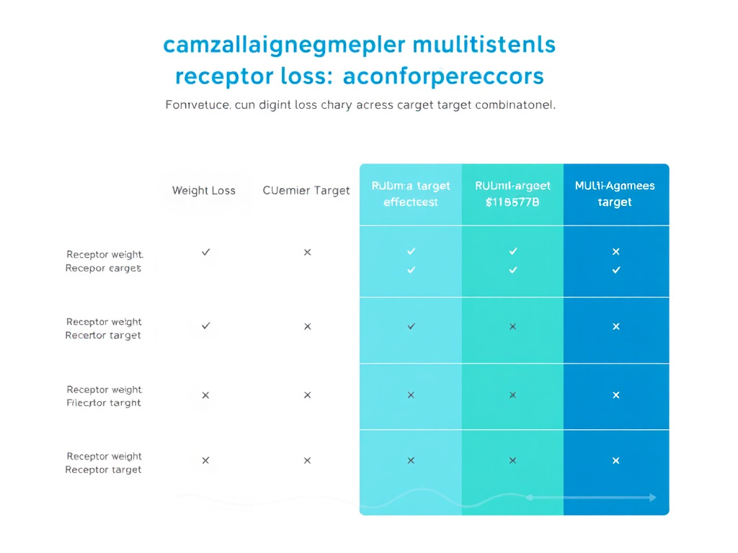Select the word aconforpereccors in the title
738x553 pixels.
coord(444,76)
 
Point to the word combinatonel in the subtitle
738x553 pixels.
coord(515,105)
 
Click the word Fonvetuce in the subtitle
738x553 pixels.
coord(197,105)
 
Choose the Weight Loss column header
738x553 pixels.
coord(204,191)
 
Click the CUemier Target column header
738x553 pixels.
coord(306,191)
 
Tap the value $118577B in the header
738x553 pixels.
coord(512,202)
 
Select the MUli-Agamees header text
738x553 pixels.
coord(615,186)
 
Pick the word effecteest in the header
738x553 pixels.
coord(411,202)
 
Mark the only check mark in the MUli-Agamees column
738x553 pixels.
coord(615,270)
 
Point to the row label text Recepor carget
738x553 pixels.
coord(103,269)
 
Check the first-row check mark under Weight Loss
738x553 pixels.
coord(206,252)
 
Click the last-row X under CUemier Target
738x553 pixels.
coord(307,460)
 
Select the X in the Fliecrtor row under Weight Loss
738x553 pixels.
coord(205,395)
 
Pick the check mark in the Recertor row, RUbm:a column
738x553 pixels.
coord(411,326)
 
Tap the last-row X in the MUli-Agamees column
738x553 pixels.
coord(615,460)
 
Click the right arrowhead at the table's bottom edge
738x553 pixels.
coord(652,497)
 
